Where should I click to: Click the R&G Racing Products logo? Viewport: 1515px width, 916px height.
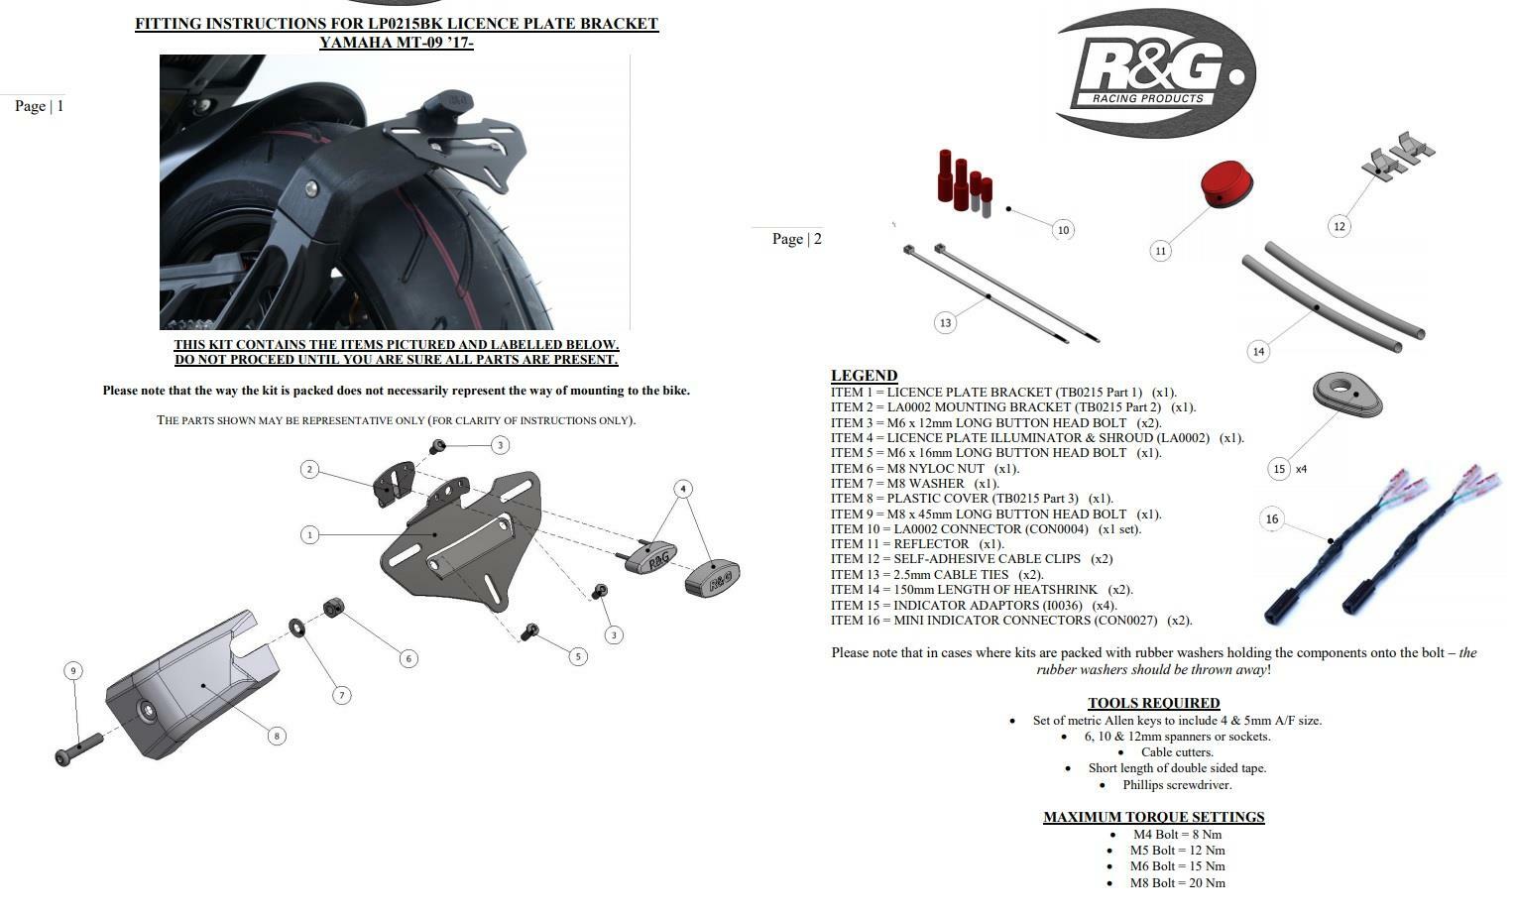point(1156,73)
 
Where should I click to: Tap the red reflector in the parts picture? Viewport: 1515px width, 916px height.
point(1226,184)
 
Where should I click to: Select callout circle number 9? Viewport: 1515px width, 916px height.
point(72,671)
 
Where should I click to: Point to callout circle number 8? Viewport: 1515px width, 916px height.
point(277,736)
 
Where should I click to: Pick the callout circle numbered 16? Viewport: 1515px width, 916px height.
point(1272,518)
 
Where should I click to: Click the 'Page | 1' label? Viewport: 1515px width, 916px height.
point(40,106)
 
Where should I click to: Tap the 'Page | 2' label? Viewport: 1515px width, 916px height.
point(796,239)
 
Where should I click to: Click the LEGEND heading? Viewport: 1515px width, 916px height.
point(864,376)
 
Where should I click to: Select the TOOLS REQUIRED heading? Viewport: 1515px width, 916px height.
point(1153,703)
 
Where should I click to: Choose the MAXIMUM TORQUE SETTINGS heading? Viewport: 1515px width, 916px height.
point(1153,817)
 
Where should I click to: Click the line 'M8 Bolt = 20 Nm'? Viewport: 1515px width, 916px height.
point(1177,882)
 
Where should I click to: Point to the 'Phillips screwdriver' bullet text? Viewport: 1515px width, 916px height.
point(1177,784)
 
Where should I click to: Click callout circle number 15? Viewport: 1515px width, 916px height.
point(1279,469)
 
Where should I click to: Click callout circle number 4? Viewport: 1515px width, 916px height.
point(683,489)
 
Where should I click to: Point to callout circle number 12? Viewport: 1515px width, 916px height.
point(1340,226)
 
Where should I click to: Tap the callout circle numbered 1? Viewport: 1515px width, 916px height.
point(310,534)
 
